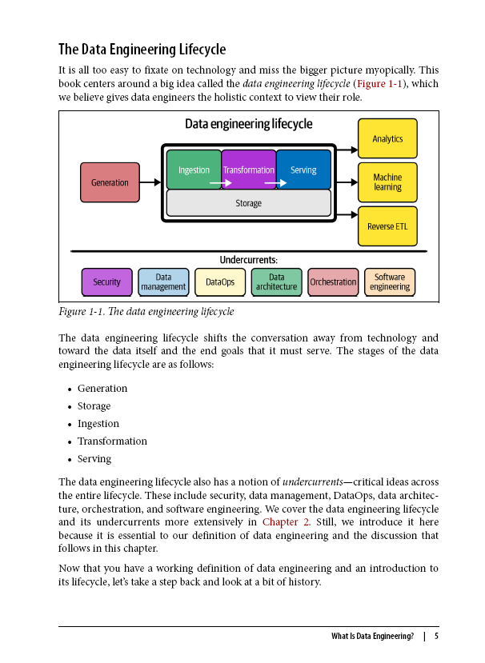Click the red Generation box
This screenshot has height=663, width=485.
point(110,182)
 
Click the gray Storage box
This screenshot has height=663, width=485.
point(248,203)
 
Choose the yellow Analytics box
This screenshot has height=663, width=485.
point(387,138)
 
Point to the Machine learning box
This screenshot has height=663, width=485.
point(387,182)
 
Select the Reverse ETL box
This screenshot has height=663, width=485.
point(387,226)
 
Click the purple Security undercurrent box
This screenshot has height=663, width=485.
point(106,282)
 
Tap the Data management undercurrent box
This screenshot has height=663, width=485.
point(163,282)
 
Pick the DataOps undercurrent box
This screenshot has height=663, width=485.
point(220,282)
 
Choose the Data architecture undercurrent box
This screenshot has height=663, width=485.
point(277,282)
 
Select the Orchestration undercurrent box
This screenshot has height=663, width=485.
point(333,282)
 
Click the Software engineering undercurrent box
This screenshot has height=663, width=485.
point(390,282)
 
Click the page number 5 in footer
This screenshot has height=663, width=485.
point(436,637)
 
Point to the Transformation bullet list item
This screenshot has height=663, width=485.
point(112,441)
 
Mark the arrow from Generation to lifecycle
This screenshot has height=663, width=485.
point(150,182)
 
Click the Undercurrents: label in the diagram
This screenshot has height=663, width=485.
point(248,260)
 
